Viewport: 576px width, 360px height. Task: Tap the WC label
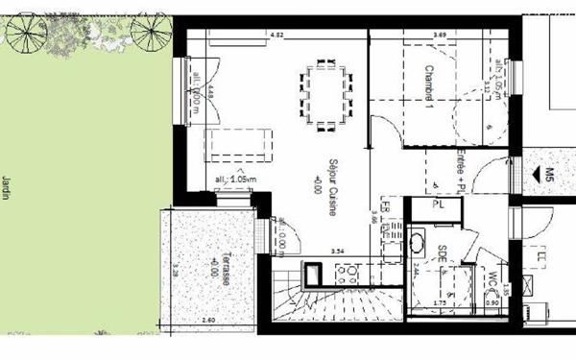[492, 283]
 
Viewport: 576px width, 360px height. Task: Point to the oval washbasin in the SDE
[420, 241]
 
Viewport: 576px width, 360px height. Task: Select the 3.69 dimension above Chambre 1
[439, 35]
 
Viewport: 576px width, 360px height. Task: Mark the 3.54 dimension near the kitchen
[337, 252]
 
